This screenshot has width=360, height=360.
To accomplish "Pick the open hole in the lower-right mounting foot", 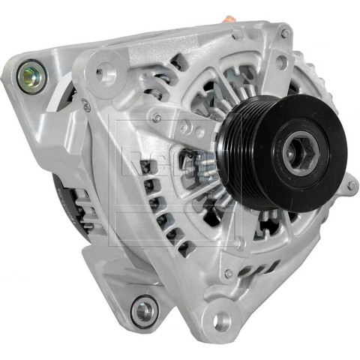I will [220, 320].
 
